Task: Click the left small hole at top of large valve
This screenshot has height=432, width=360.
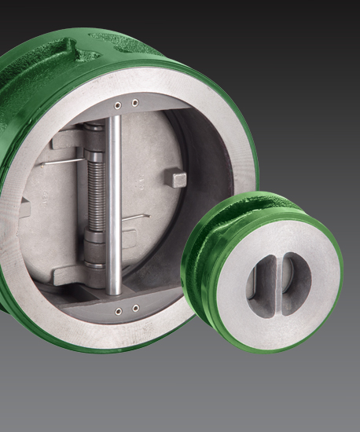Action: [x=117, y=104]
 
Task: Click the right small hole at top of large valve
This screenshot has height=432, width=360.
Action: [x=134, y=102]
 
